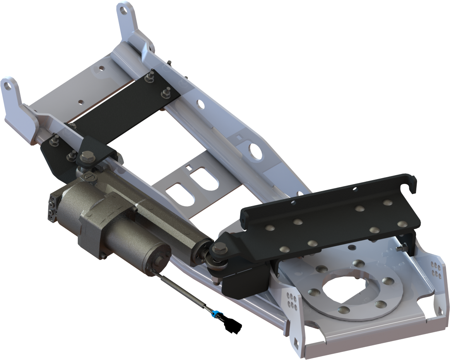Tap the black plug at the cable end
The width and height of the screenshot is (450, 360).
[x=233, y=326]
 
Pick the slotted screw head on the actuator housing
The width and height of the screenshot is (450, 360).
[x=88, y=177]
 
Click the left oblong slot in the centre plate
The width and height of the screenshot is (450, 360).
[x=179, y=193]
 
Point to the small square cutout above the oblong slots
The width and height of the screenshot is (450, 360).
[x=188, y=167]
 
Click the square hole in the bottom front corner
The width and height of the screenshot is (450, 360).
[x=297, y=342]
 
